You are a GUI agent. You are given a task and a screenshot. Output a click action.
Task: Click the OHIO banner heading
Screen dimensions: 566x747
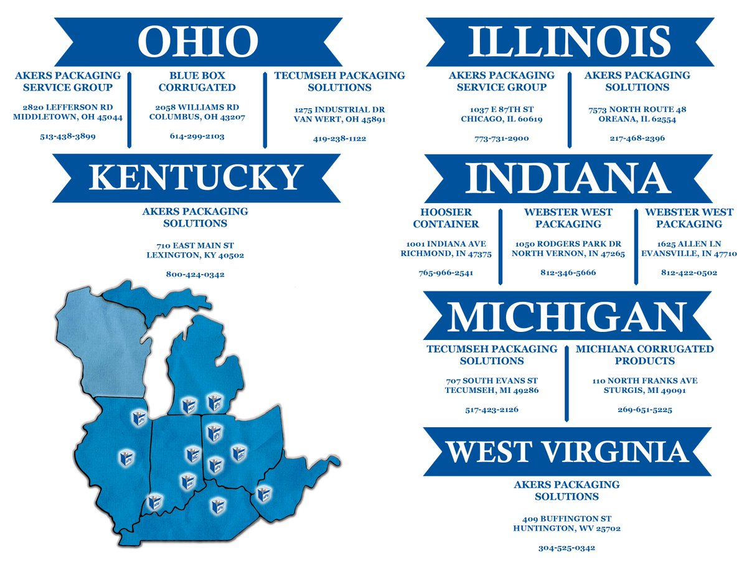(197, 41)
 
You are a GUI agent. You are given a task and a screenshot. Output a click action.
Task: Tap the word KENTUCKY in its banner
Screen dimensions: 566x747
(196, 177)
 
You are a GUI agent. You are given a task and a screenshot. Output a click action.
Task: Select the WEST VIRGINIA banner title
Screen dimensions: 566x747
(567, 451)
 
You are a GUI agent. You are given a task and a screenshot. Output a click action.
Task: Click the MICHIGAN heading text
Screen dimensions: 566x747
(567, 316)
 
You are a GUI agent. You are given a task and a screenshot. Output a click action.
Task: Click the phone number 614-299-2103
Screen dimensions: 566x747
(197, 136)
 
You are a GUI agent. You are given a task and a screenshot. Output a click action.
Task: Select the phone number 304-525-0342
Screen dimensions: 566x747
(566, 548)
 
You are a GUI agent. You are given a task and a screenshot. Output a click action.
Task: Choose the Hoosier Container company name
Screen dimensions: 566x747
(446, 218)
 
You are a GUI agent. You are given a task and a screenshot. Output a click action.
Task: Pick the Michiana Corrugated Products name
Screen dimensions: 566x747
(644, 355)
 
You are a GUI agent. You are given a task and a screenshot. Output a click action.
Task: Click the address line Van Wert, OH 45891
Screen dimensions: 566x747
(340, 120)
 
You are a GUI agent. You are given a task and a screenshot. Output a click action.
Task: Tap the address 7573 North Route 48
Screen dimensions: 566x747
(637, 110)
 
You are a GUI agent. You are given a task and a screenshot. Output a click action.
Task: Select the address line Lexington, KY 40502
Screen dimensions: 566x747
(195, 255)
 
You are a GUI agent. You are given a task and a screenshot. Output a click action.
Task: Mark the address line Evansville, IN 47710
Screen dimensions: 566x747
(688, 253)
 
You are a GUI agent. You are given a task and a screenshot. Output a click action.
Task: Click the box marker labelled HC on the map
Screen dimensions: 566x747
(194, 455)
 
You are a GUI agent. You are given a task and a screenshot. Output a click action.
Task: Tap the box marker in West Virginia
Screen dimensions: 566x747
(265, 494)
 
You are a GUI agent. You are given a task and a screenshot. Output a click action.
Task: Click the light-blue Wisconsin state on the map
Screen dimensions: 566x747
(100, 349)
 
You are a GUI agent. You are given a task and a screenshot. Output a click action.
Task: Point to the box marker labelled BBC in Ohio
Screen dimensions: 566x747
(238, 453)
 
